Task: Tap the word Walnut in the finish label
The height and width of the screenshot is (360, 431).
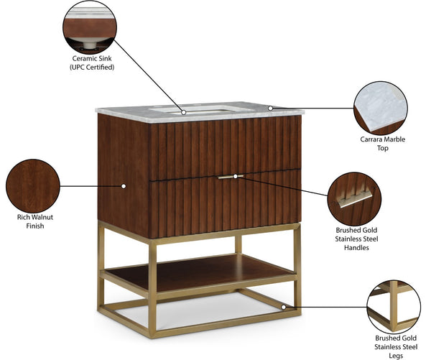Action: click(x=43, y=216)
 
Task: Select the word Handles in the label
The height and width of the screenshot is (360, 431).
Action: click(x=356, y=247)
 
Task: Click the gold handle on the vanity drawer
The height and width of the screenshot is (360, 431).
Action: click(x=231, y=176)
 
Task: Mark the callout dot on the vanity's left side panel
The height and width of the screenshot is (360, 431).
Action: click(x=124, y=186)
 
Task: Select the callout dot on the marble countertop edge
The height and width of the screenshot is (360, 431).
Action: click(x=270, y=109)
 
